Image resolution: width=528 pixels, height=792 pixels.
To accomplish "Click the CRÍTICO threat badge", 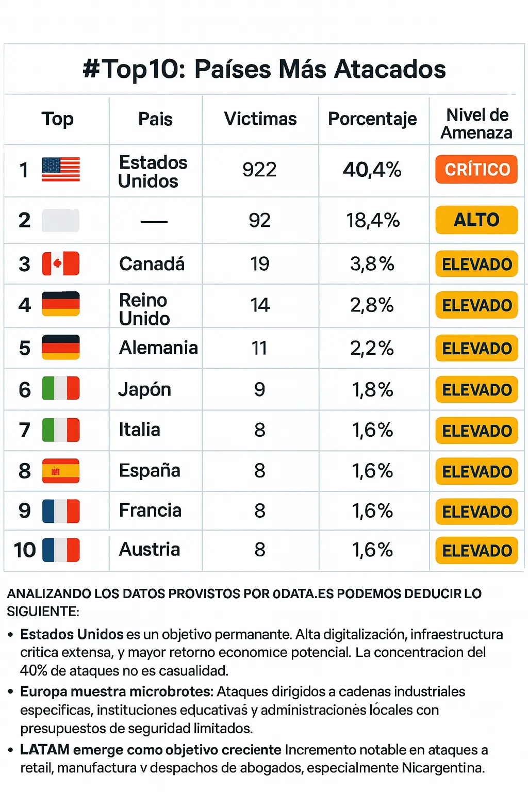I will (x=476, y=169).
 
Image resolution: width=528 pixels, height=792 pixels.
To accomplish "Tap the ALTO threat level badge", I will (x=476, y=220).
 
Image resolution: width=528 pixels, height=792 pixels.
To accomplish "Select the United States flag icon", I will (x=61, y=169).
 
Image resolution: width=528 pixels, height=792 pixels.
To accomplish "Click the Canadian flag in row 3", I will (x=61, y=263).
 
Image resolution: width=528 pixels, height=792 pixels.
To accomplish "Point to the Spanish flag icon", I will (x=61, y=471).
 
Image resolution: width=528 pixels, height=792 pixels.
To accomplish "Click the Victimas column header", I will (x=260, y=119).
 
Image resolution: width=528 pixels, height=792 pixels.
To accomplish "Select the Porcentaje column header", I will (x=372, y=119).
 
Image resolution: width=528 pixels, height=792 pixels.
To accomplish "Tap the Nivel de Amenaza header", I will (x=477, y=124).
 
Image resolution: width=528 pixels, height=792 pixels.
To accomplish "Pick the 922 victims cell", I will (x=259, y=170).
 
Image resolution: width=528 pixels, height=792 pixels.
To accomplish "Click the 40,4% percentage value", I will (x=372, y=170).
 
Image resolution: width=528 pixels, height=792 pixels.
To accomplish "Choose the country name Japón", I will (x=145, y=389).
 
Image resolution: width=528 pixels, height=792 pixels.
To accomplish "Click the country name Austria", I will (x=150, y=550).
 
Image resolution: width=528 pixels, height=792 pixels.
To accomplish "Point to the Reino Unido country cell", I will (x=144, y=309).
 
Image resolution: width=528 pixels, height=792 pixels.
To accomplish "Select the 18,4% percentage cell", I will (x=373, y=221).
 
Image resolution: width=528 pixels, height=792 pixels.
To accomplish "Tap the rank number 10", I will (x=25, y=550).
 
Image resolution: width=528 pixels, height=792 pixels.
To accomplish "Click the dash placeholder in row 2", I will (x=154, y=222).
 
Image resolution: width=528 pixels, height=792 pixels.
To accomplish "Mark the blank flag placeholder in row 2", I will (x=61, y=221).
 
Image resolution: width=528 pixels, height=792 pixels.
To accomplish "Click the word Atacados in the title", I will (x=390, y=69).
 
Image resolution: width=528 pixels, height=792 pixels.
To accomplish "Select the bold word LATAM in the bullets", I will (x=45, y=750).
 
